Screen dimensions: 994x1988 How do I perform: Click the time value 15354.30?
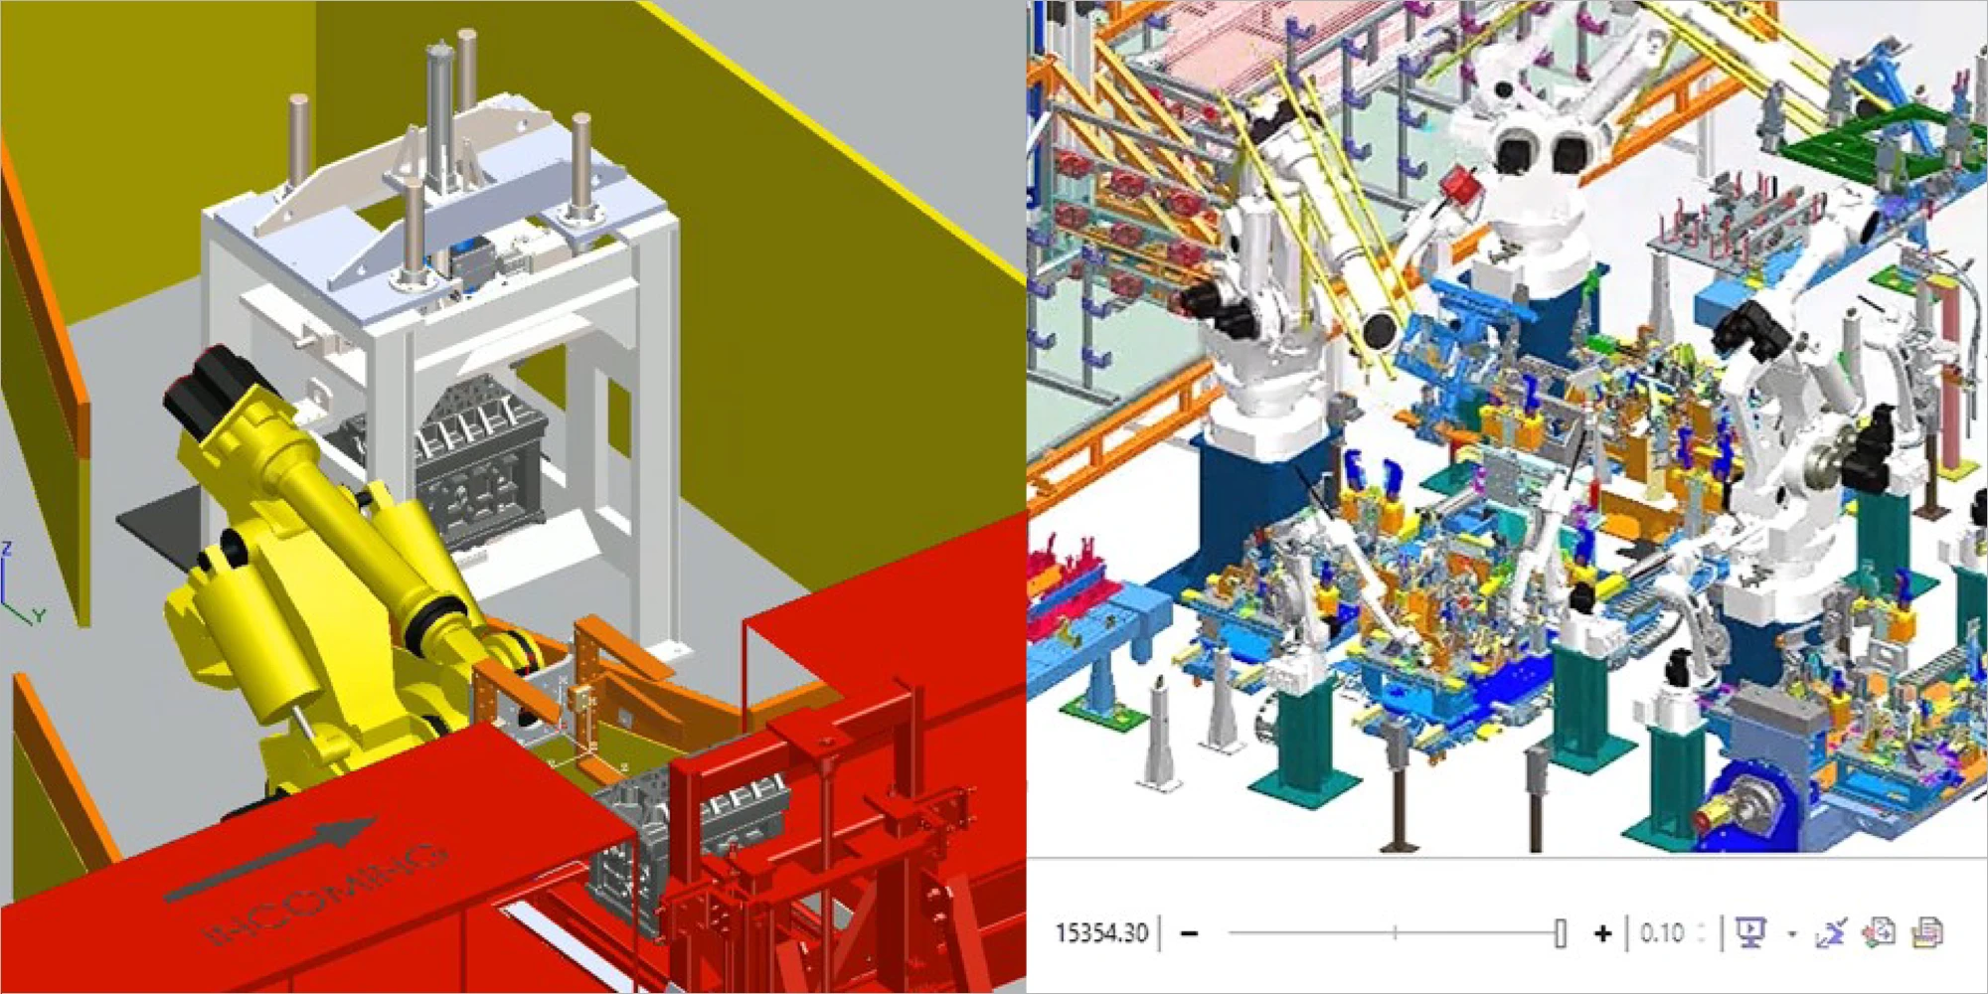(1101, 932)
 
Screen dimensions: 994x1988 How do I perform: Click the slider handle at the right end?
(1560, 932)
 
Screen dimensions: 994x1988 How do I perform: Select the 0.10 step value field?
(1662, 932)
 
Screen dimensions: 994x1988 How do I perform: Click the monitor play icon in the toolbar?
(1749, 931)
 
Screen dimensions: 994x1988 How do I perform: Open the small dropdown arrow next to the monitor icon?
(1791, 933)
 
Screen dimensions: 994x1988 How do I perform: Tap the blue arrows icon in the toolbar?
(1830, 931)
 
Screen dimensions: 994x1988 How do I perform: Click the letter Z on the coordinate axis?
(7, 548)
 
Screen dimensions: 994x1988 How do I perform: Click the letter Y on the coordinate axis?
(39, 616)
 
